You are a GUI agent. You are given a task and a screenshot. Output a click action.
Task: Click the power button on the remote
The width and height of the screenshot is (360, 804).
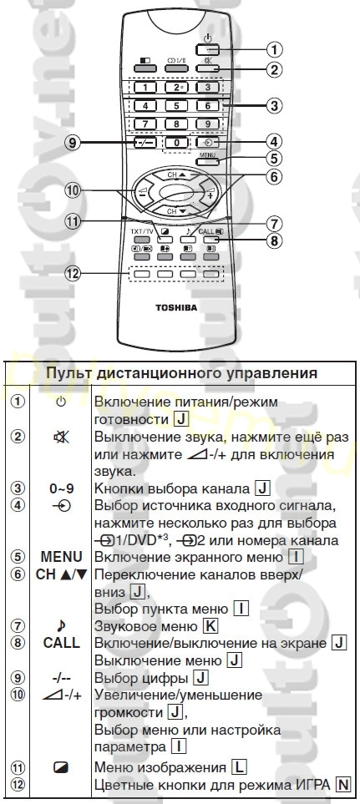207,50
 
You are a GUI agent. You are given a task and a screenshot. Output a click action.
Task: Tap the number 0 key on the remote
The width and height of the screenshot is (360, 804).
177,143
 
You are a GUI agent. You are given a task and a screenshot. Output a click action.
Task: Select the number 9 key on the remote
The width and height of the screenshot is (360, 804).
208,124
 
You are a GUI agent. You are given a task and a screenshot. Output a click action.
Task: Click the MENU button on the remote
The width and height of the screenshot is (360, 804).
208,160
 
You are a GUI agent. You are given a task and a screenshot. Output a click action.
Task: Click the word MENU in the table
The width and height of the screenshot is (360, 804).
62,557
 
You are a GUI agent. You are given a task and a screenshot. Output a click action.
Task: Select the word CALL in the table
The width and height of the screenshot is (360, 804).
62,643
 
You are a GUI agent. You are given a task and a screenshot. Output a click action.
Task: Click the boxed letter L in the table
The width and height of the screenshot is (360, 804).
238,767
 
